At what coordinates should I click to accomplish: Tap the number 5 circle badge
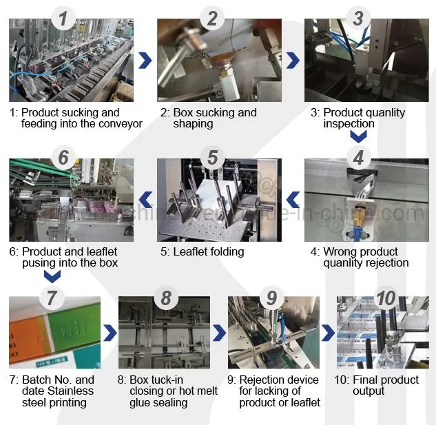(x=212, y=157)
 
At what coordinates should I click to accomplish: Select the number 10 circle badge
(x=386, y=298)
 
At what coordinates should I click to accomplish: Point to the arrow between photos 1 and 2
(x=145, y=61)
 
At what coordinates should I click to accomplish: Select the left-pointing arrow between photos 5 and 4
(x=293, y=200)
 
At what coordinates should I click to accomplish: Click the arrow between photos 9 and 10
(x=329, y=334)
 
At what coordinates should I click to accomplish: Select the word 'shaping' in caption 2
(x=194, y=124)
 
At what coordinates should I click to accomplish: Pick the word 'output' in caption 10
(x=369, y=391)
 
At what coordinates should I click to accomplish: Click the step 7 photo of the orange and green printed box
(x=54, y=332)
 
